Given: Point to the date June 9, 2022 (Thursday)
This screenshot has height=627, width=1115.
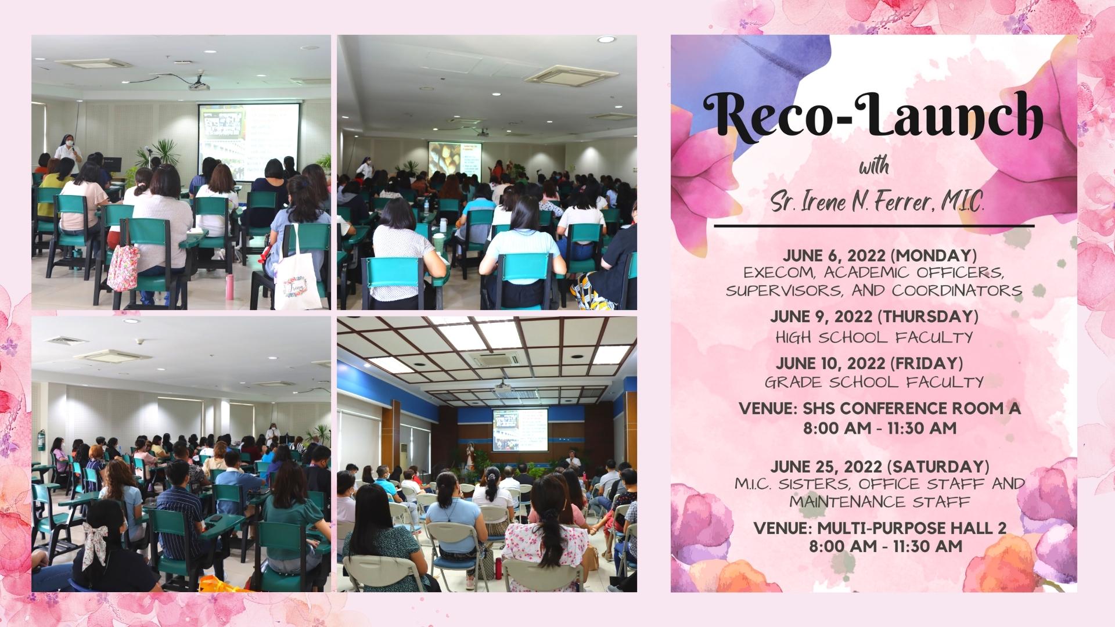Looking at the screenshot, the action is [874, 316].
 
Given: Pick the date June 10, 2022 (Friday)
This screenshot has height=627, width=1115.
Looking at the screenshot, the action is [869, 363].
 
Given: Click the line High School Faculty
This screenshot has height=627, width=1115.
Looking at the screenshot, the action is [874, 337].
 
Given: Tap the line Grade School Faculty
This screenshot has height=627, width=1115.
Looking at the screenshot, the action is [874, 382].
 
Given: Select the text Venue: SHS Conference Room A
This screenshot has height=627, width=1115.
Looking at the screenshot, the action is [880, 409].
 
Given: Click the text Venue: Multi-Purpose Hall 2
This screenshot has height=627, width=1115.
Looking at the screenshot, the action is [880, 528].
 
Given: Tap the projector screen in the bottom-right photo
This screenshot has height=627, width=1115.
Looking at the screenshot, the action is [520, 430].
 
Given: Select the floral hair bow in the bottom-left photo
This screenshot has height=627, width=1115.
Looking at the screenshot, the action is [95, 542].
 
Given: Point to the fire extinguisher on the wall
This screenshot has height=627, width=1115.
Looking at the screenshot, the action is [41, 440].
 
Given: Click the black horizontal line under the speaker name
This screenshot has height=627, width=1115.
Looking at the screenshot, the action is [874, 225].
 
